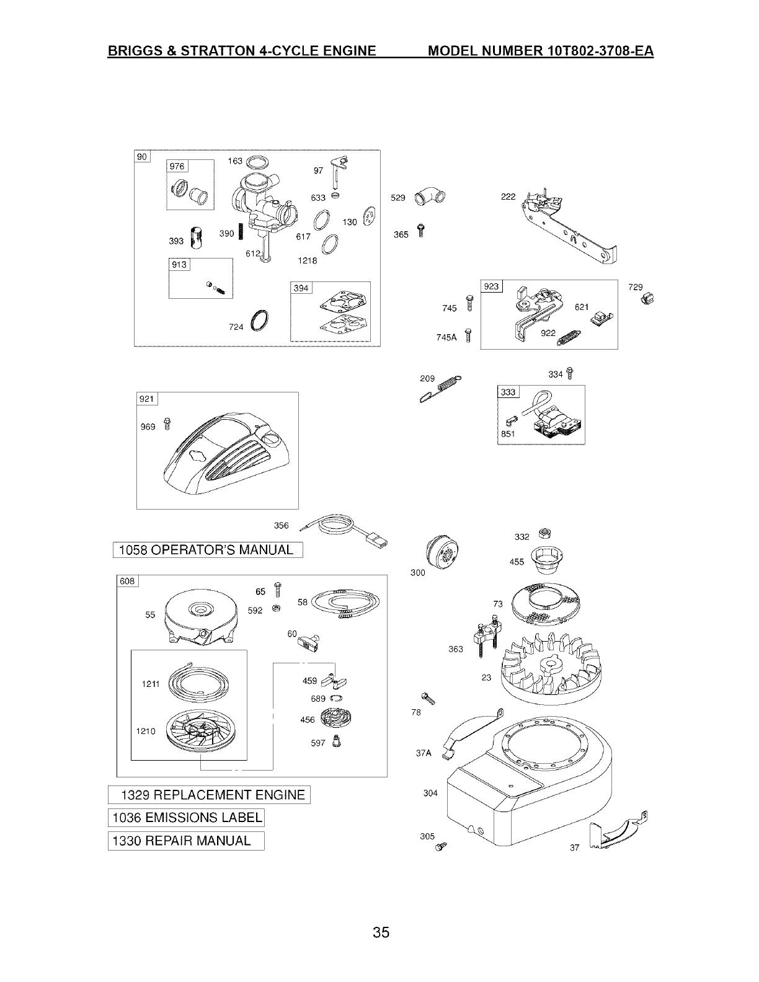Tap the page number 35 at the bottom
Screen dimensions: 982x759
point(381,932)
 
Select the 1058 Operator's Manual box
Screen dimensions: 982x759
point(206,550)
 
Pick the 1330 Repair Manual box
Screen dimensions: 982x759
point(186,841)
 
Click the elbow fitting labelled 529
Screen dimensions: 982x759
point(430,196)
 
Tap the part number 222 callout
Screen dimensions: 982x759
point(508,197)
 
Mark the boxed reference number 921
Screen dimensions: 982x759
point(147,400)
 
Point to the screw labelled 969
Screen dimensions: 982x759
point(166,423)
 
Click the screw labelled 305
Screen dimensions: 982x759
point(442,846)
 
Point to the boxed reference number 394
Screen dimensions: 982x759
point(301,288)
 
